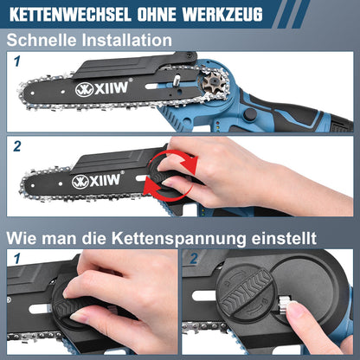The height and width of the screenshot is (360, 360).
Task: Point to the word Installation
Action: click(126, 40)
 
